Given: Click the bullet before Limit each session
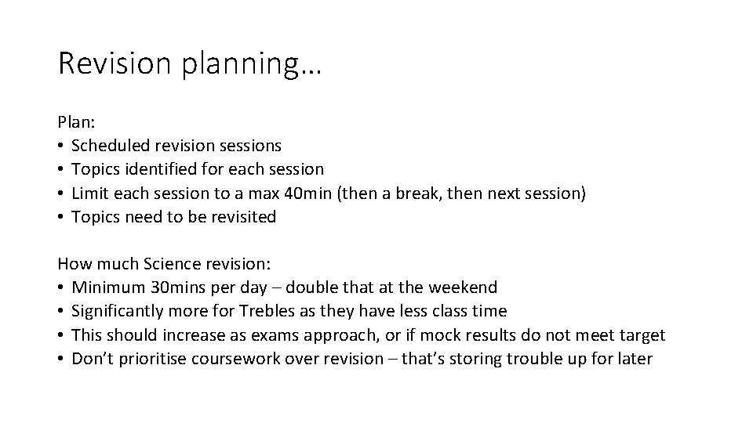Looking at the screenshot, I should click(x=61, y=193).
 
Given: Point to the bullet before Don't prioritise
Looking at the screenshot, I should click(x=61, y=360).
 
